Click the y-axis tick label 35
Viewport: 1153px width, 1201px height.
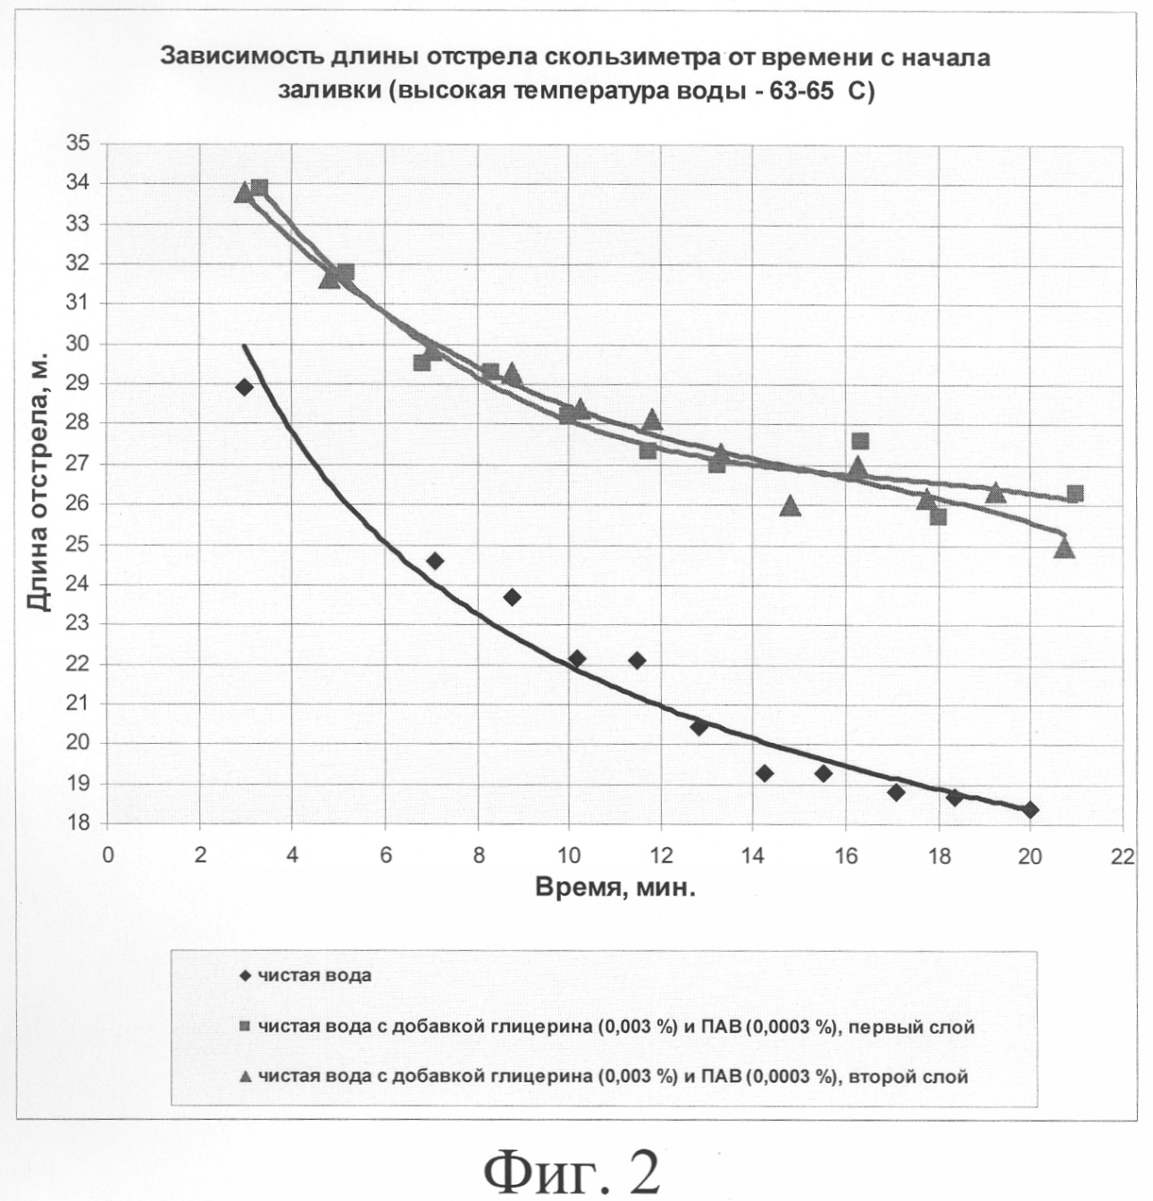[79, 143]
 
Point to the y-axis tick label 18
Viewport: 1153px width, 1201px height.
[79, 823]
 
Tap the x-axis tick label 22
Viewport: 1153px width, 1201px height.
[1123, 855]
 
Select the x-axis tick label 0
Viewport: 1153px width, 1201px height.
[108, 855]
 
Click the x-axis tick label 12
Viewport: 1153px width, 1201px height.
[661, 855]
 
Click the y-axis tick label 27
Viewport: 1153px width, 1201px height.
[79, 463]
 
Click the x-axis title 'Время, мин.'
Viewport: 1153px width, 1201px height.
[615, 888]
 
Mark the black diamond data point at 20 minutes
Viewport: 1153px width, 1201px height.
[1030, 810]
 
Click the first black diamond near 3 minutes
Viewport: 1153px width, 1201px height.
[244, 387]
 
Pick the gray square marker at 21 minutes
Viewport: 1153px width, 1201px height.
[1074, 494]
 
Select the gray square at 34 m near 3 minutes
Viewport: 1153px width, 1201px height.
[260, 188]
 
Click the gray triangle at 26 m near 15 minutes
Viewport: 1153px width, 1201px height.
[790, 506]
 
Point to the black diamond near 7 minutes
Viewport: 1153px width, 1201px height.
[435, 561]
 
